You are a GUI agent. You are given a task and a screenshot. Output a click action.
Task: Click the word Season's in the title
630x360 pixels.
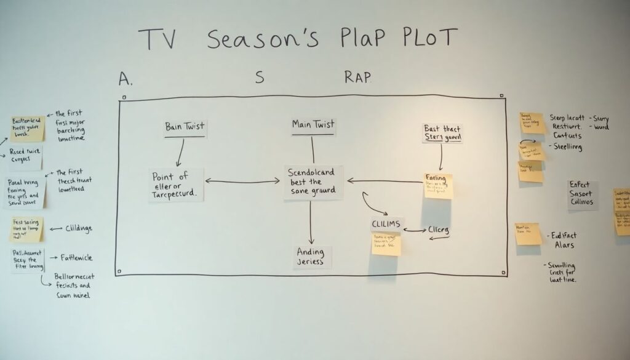[263, 39]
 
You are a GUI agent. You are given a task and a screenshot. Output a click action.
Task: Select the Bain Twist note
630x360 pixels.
[185, 127]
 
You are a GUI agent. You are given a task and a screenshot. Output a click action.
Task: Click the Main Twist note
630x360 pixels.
[313, 125]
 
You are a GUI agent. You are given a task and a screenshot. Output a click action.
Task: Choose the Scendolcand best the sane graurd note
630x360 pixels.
[313, 182]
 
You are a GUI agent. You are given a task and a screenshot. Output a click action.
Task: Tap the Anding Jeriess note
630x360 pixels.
[312, 257]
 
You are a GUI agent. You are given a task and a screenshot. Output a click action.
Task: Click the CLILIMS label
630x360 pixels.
[386, 224]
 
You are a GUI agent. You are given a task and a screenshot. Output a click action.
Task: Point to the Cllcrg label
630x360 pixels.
[438, 230]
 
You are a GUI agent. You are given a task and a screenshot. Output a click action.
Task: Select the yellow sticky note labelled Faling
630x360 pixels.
[437, 185]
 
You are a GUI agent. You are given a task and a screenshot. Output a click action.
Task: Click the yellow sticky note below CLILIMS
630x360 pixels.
[386, 244]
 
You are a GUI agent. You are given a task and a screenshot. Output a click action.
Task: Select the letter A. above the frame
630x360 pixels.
[126, 79]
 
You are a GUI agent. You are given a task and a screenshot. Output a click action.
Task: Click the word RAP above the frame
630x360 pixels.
[357, 78]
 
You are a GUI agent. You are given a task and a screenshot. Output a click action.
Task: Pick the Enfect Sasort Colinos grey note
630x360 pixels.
[582, 194]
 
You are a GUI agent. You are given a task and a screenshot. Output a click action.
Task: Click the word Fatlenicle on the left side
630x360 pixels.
[77, 258]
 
